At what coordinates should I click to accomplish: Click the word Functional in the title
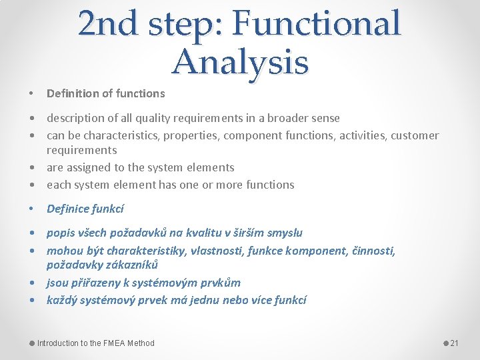(x=318, y=24)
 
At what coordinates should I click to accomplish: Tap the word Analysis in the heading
(x=240, y=62)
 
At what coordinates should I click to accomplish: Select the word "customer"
(x=414, y=135)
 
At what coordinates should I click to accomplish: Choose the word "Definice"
(x=69, y=209)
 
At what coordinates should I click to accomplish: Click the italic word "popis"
(x=61, y=233)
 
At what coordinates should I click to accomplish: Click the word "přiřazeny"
(x=96, y=282)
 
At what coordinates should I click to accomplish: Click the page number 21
(x=454, y=343)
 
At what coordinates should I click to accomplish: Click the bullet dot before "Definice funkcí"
(x=33, y=209)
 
